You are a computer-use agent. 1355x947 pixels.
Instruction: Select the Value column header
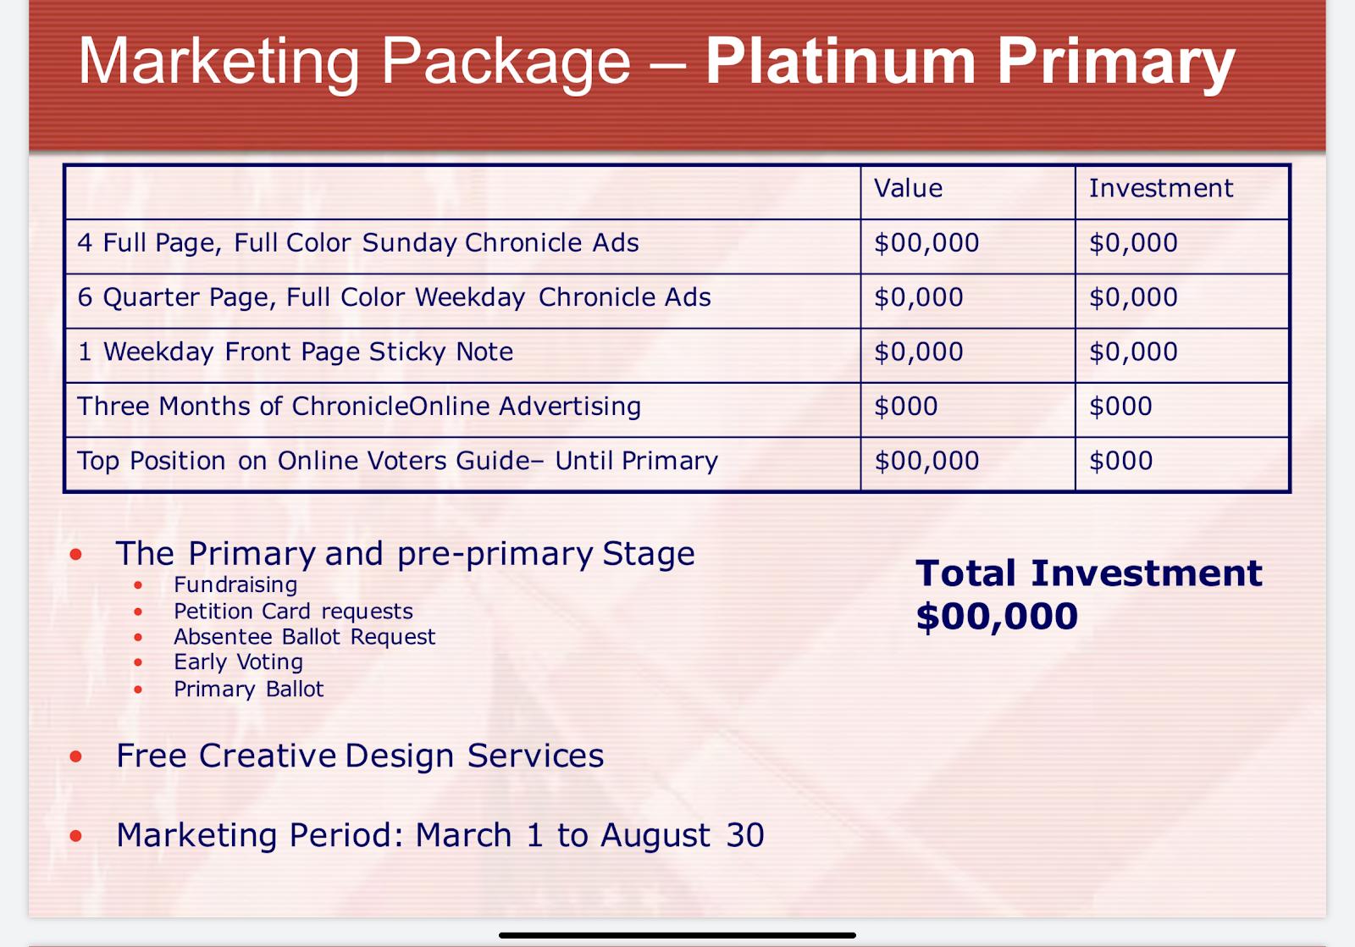click(x=908, y=188)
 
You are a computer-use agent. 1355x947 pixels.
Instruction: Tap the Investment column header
click(x=1161, y=188)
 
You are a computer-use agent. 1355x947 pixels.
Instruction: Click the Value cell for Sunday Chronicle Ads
click(x=926, y=242)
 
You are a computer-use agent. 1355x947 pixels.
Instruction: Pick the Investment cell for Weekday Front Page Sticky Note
click(x=1133, y=352)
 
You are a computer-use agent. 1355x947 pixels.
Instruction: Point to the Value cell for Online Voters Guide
click(x=926, y=461)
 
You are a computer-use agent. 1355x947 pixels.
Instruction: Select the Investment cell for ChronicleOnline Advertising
click(x=1120, y=406)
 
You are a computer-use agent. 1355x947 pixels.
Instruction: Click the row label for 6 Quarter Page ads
click(x=394, y=297)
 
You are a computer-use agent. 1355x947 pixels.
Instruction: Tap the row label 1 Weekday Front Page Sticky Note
click(x=296, y=352)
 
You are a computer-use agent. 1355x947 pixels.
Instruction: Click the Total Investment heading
click(x=1089, y=573)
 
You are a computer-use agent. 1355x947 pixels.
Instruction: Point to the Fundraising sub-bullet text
click(x=235, y=585)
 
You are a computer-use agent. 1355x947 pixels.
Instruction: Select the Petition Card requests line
click(x=293, y=612)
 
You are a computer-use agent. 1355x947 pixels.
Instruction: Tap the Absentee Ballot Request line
click(x=304, y=637)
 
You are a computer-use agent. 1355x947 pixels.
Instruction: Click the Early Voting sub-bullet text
click(x=238, y=662)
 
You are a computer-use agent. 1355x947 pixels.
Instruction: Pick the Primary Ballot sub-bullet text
click(x=249, y=689)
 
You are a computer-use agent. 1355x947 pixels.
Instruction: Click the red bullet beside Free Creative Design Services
click(x=75, y=756)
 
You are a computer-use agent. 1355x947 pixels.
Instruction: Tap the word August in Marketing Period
click(x=655, y=836)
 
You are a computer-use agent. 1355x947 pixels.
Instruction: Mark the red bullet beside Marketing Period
click(x=75, y=836)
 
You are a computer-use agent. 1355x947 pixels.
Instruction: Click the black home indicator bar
click(x=677, y=935)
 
